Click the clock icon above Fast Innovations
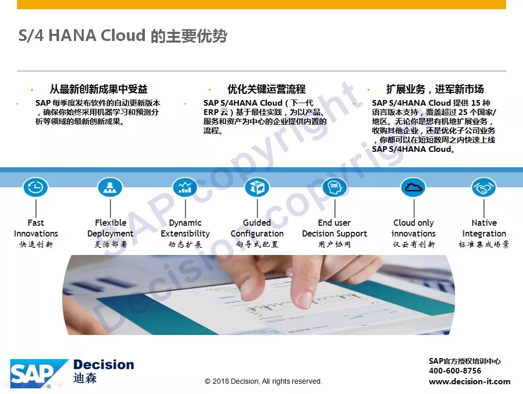(35, 187)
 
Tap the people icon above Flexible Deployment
(110, 187)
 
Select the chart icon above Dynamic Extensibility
(185, 187)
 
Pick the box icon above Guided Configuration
(257, 187)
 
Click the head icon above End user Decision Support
(334, 187)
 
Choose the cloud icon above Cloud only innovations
(414, 187)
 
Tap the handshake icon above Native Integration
(484, 187)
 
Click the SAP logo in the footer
(39, 373)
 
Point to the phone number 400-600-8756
(455, 371)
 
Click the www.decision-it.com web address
(470, 381)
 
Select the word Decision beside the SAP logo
(104, 365)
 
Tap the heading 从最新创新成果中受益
(99, 89)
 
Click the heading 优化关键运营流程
(267, 89)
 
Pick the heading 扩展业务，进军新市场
(435, 89)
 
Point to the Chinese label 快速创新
(36, 245)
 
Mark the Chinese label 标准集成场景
(484, 245)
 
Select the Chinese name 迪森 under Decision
(85, 378)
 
